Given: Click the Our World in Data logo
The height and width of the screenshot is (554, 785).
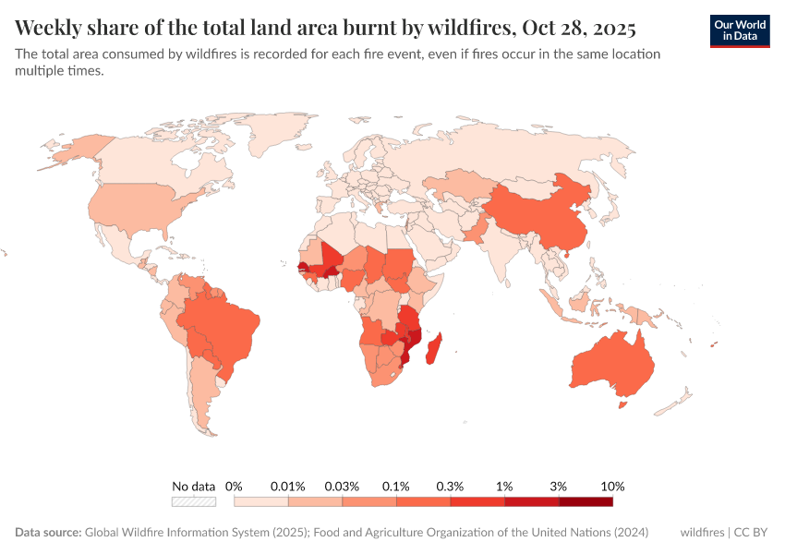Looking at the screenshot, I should tap(740, 30).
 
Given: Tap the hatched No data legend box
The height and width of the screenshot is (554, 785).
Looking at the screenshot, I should tap(193, 501).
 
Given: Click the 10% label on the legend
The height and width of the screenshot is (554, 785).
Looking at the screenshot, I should tap(612, 486).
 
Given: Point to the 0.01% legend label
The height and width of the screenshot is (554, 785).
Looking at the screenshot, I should tap(288, 486).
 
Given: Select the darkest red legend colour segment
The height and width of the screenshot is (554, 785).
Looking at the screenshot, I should tap(586, 501).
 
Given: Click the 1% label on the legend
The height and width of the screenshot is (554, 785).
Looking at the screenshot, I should tap(504, 486).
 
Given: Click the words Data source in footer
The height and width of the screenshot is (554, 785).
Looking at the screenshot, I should tap(48, 533).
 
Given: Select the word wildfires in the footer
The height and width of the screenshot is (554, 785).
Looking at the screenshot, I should tap(702, 533).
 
